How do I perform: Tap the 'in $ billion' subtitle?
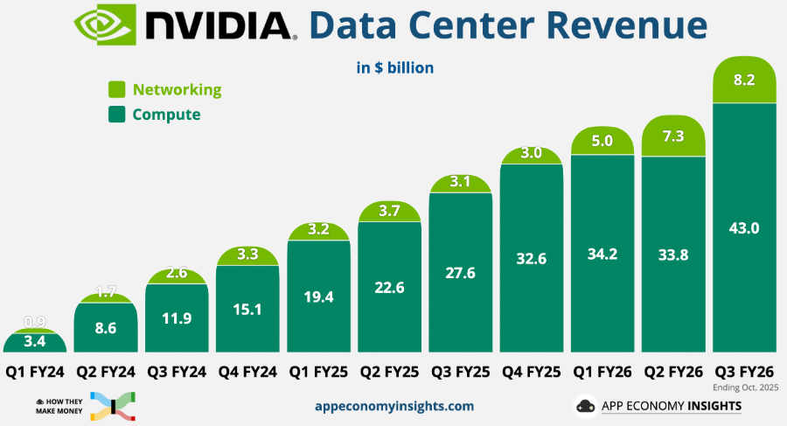pyautogui.click(x=395, y=67)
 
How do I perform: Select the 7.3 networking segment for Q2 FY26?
pyautogui.click(x=673, y=137)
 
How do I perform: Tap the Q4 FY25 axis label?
pyautogui.click(x=530, y=371)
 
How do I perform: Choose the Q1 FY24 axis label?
pyautogui.click(x=35, y=371)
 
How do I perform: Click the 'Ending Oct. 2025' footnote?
pyautogui.click(x=751, y=386)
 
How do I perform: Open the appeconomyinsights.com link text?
pyautogui.click(x=393, y=406)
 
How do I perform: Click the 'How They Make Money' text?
pyautogui.click(x=60, y=405)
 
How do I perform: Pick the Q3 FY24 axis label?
pyautogui.click(x=176, y=371)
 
